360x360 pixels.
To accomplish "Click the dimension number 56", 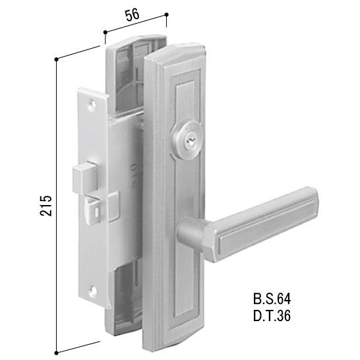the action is [133, 15].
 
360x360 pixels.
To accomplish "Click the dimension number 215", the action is [45, 206].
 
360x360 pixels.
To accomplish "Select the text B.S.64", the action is [272, 299].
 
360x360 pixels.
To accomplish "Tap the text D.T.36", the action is [272, 316].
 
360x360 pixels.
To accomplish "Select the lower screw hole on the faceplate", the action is [93, 291].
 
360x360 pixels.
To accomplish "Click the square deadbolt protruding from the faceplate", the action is [84, 178].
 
